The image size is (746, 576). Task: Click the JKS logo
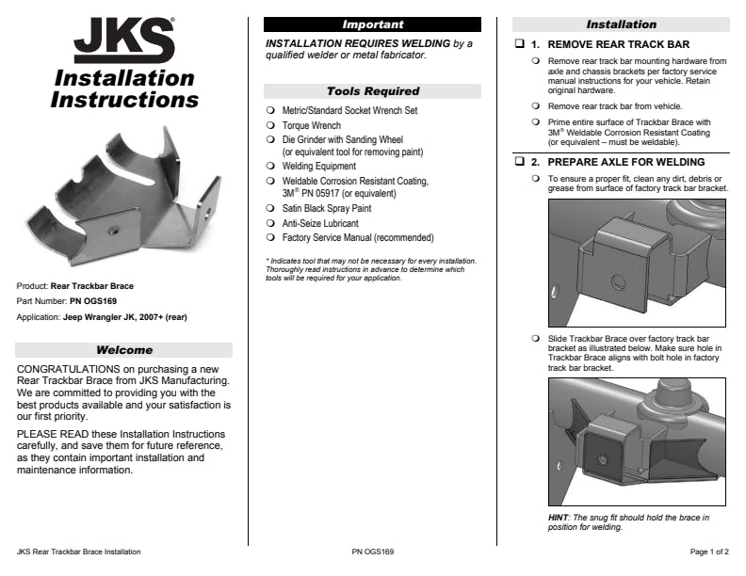[x=124, y=42]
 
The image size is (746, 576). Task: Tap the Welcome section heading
[x=124, y=350]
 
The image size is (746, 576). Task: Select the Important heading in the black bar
[x=372, y=24]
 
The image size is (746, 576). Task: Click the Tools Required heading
[x=372, y=91]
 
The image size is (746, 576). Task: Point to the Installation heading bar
[x=621, y=24]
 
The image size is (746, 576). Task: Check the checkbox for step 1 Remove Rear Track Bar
[x=519, y=44]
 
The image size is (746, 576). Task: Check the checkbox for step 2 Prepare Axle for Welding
[x=519, y=163]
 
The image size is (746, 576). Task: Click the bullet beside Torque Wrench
[x=270, y=125]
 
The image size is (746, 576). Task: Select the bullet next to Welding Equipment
[x=270, y=166]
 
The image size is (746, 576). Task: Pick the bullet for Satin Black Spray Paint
[x=270, y=208]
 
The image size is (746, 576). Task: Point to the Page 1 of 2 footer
[x=709, y=552]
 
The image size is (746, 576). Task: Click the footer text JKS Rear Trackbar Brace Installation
[x=79, y=552]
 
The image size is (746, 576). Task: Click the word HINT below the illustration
[x=559, y=518]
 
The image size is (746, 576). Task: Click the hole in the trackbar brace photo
[x=111, y=229]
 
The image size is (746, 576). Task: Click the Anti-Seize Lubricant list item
[x=320, y=223]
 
